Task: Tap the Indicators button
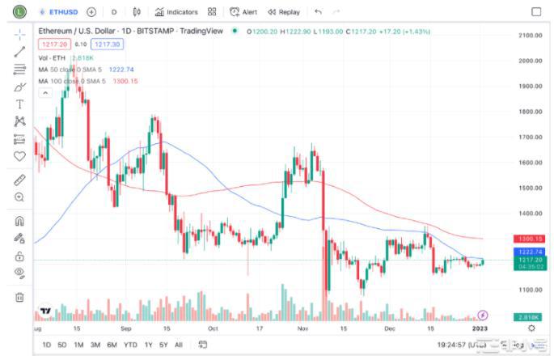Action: (176, 12)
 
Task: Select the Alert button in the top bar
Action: (243, 12)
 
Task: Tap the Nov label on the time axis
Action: (302, 328)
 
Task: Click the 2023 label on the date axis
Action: (483, 328)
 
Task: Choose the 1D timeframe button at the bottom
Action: (46, 345)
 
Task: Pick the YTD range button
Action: (129, 345)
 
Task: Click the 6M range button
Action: (111, 345)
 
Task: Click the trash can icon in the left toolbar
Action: (19, 297)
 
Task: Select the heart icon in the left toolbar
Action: (19, 156)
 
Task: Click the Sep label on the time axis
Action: (125, 328)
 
